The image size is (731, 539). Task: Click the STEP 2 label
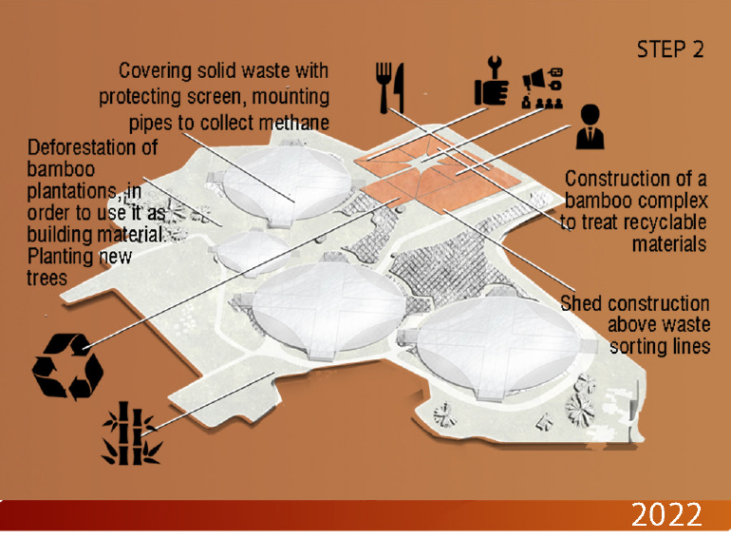[x=670, y=49]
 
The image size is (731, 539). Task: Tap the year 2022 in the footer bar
[x=666, y=514]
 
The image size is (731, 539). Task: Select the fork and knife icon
[x=390, y=88]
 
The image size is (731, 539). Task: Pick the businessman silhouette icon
[x=590, y=126]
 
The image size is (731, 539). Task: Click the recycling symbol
[x=67, y=366]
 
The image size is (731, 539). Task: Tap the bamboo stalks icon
[x=131, y=433]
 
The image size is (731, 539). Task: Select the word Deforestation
[x=92, y=147]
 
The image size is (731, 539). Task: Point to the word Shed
[x=581, y=303]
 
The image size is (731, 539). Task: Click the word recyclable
[x=667, y=222]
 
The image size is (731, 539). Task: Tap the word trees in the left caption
[x=47, y=279]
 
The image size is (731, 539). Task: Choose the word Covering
[x=156, y=71]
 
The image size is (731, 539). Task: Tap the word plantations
[x=72, y=191]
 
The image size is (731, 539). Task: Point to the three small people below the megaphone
[x=549, y=103]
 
